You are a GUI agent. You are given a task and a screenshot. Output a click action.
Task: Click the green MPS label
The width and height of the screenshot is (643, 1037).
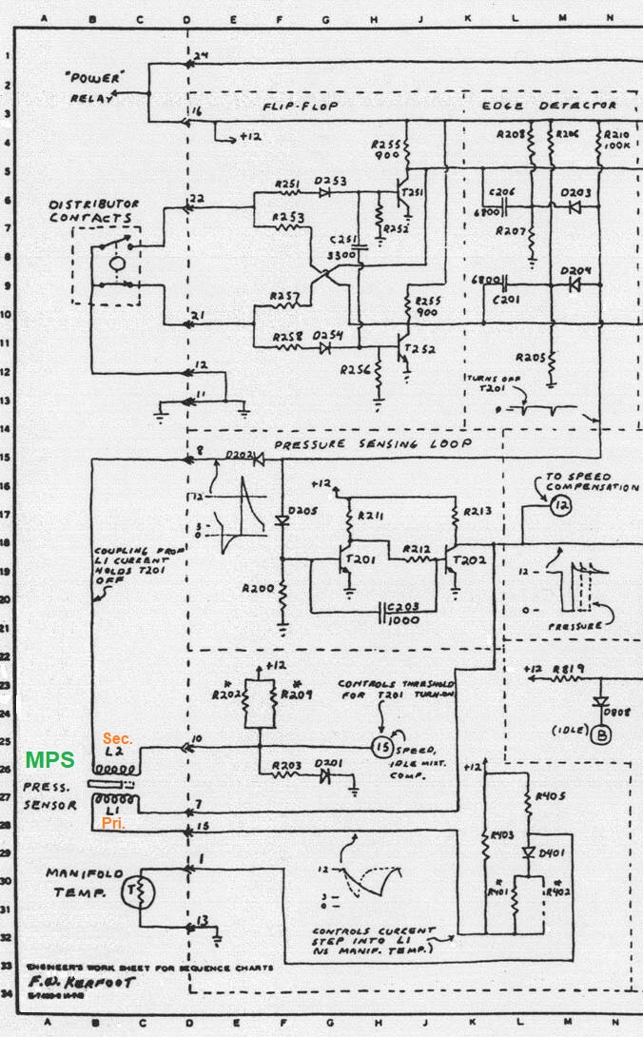pos(49,760)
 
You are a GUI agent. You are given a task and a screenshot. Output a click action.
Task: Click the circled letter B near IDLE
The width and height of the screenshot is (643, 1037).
pos(601,734)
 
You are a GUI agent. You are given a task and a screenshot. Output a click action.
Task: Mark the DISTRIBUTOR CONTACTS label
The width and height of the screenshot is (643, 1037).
pos(94,211)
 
